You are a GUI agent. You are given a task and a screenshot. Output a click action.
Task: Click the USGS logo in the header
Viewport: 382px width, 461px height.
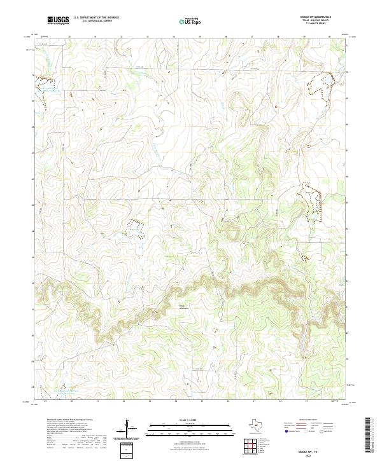pos(58,20)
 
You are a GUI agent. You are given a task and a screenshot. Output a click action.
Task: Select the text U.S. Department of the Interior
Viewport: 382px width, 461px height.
pos(95,18)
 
